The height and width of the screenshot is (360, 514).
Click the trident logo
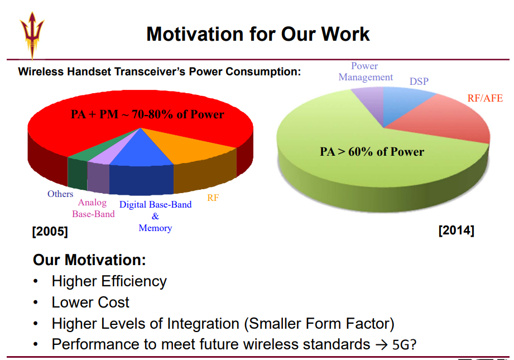coord(32,35)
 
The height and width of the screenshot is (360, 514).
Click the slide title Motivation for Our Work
coord(258,34)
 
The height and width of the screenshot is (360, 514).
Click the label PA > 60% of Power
coord(372,152)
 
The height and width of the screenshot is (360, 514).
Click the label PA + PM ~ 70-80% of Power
coord(147,114)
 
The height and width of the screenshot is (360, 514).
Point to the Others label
coord(60,194)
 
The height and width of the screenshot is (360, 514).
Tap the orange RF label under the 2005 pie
coord(213,198)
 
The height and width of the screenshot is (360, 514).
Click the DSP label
coord(419,81)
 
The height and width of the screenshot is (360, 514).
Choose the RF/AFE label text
coord(485,98)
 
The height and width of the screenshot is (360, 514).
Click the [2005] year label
coord(50,232)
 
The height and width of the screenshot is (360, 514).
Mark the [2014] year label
coord(457,230)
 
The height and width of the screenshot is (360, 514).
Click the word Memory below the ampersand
coord(155,228)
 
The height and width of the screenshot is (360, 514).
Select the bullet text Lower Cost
coord(90,303)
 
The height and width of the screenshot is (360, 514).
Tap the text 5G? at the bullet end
coord(404,344)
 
